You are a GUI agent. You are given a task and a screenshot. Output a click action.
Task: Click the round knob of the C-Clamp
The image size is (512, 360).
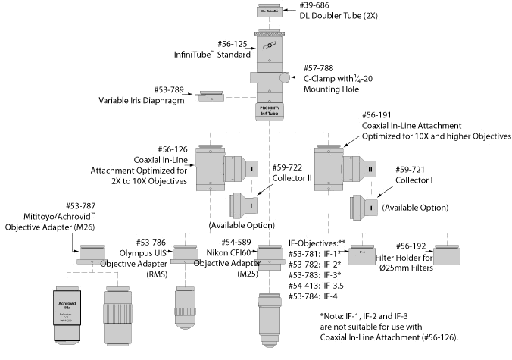[284, 78]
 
